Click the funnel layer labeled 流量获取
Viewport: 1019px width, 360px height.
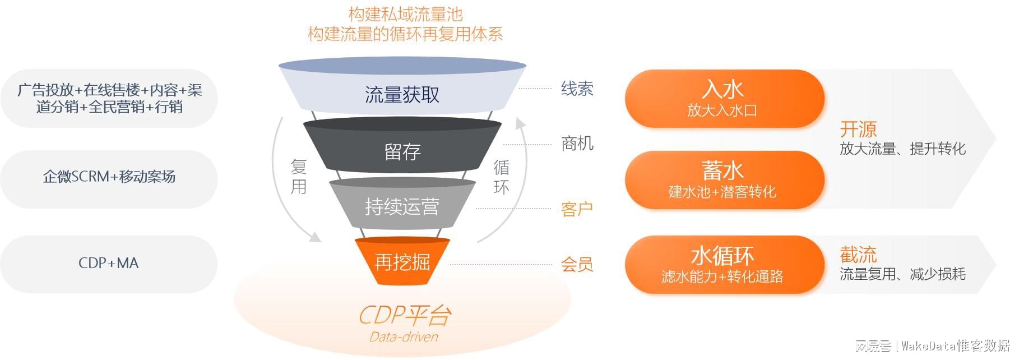coord(402,94)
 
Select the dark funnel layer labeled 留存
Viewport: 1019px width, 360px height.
coord(402,151)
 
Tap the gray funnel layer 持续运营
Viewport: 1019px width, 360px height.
coord(402,207)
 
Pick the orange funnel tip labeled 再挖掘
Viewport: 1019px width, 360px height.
coord(402,261)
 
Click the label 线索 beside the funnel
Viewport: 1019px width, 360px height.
coord(577,89)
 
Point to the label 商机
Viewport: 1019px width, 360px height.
coord(577,144)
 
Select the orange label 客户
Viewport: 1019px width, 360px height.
coord(577,209)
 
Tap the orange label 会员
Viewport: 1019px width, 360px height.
coord(577,264)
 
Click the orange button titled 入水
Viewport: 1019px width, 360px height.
coord(724,98)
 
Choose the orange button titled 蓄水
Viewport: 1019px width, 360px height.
coord(724,179)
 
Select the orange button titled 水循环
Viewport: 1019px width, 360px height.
coord(724,264)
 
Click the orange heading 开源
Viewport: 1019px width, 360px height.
coord(858,130)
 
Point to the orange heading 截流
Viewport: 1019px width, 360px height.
coord(858,255)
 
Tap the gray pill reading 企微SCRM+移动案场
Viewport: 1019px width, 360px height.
coord(109,177)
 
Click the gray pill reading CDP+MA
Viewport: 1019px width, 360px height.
coord(109,263)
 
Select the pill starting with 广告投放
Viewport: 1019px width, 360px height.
coord(109,98)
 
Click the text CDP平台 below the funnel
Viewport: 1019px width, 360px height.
coord(404,315)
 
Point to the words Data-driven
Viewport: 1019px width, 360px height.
coord(404,336)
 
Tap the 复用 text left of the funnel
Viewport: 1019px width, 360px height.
coord(299,176)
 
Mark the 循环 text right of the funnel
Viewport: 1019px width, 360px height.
coord(501,176)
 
